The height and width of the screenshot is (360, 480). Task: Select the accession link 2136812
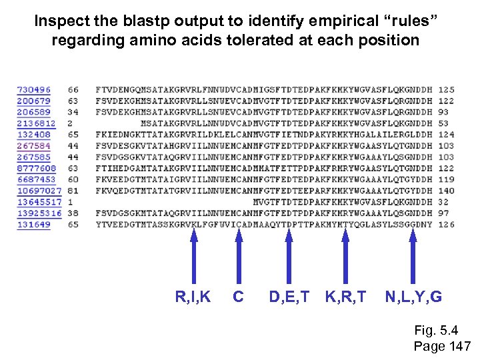36,123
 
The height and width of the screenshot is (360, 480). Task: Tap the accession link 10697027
39,191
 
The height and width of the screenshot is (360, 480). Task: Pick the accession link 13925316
39,213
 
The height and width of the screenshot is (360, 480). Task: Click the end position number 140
446,191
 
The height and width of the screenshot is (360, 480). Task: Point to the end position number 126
446,225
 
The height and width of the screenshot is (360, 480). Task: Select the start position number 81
73,191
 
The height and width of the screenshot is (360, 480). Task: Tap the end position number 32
444,202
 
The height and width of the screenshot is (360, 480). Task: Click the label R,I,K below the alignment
193,297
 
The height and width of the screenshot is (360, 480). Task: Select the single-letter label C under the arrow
238,297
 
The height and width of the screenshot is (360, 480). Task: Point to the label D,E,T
289,297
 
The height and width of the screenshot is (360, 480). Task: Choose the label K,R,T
345,297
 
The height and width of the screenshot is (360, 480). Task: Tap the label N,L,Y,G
413,297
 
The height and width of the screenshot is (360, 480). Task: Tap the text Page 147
442,346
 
